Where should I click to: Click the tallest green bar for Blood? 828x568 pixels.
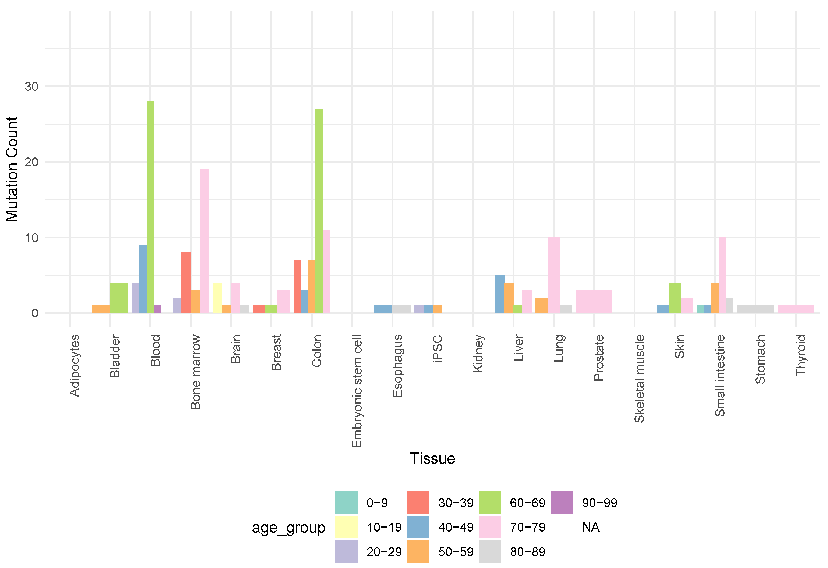tap(150, 207)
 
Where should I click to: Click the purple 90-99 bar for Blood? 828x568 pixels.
tap(158, 309)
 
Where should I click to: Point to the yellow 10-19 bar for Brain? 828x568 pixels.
tap(217, 298)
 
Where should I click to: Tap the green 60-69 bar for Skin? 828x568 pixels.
tap(675, 298)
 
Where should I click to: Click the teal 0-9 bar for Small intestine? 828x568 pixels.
tap(700, 309)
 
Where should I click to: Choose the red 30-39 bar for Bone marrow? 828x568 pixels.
tap(186, 283)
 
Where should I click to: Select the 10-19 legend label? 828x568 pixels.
tap(384, 527)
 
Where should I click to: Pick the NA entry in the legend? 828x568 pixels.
tap(591, 527)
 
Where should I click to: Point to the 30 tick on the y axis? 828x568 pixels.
tap(31, 86)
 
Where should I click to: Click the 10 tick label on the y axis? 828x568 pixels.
tap(31, 238)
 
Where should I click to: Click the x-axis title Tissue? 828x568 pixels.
tap(432, 458)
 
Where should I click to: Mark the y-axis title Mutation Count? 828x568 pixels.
tap(12, 169)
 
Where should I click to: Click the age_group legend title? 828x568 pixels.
tap(289, 527)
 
